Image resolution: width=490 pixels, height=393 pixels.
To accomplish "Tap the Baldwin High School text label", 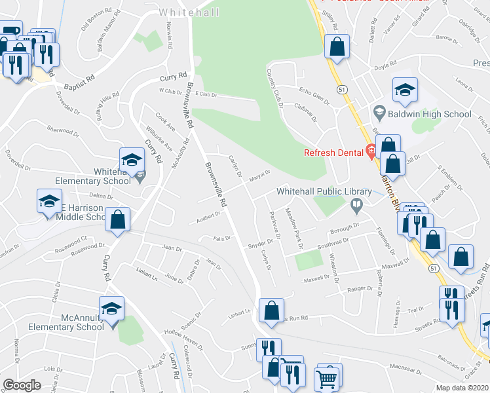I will coord(429,114).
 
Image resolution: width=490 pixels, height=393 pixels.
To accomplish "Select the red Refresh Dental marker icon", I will coord(371,153).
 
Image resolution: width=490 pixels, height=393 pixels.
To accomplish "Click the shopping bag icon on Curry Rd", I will coord(118,220).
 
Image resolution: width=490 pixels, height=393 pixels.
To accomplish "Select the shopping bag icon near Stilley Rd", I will coord(337,47).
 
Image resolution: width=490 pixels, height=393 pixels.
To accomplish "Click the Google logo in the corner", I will coord(21,384).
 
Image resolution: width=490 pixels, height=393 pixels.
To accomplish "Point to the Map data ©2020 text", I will coord(462,387).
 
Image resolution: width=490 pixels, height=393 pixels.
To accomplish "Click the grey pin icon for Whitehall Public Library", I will coord(357,207).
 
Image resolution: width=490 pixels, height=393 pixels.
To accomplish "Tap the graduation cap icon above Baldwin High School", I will coord(405,90).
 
